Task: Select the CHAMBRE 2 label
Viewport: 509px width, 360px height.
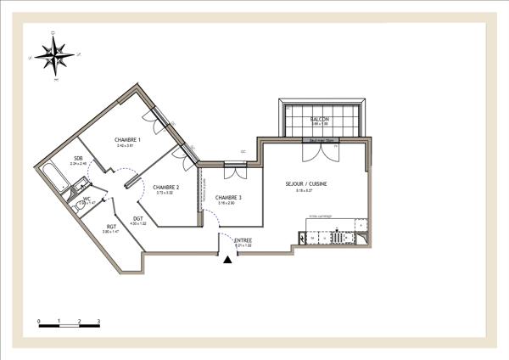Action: tap(165, 187)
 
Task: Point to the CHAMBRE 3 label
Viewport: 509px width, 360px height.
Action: tap(228, 198)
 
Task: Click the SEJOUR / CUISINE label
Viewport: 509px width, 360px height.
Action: tap(311, 183)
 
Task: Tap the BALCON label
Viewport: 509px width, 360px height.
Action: tap(320, 120)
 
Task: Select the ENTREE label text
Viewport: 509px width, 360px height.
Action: tap(243, 240)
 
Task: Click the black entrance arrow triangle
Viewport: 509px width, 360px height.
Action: tap(227, 259)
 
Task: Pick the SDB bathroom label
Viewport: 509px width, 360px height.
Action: tap(77, 159)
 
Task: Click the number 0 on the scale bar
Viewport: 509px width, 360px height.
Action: tap(39, 322)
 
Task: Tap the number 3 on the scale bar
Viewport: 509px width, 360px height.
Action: tap(99, 322)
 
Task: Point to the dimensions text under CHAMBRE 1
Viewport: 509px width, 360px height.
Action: tap(126, 146)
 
